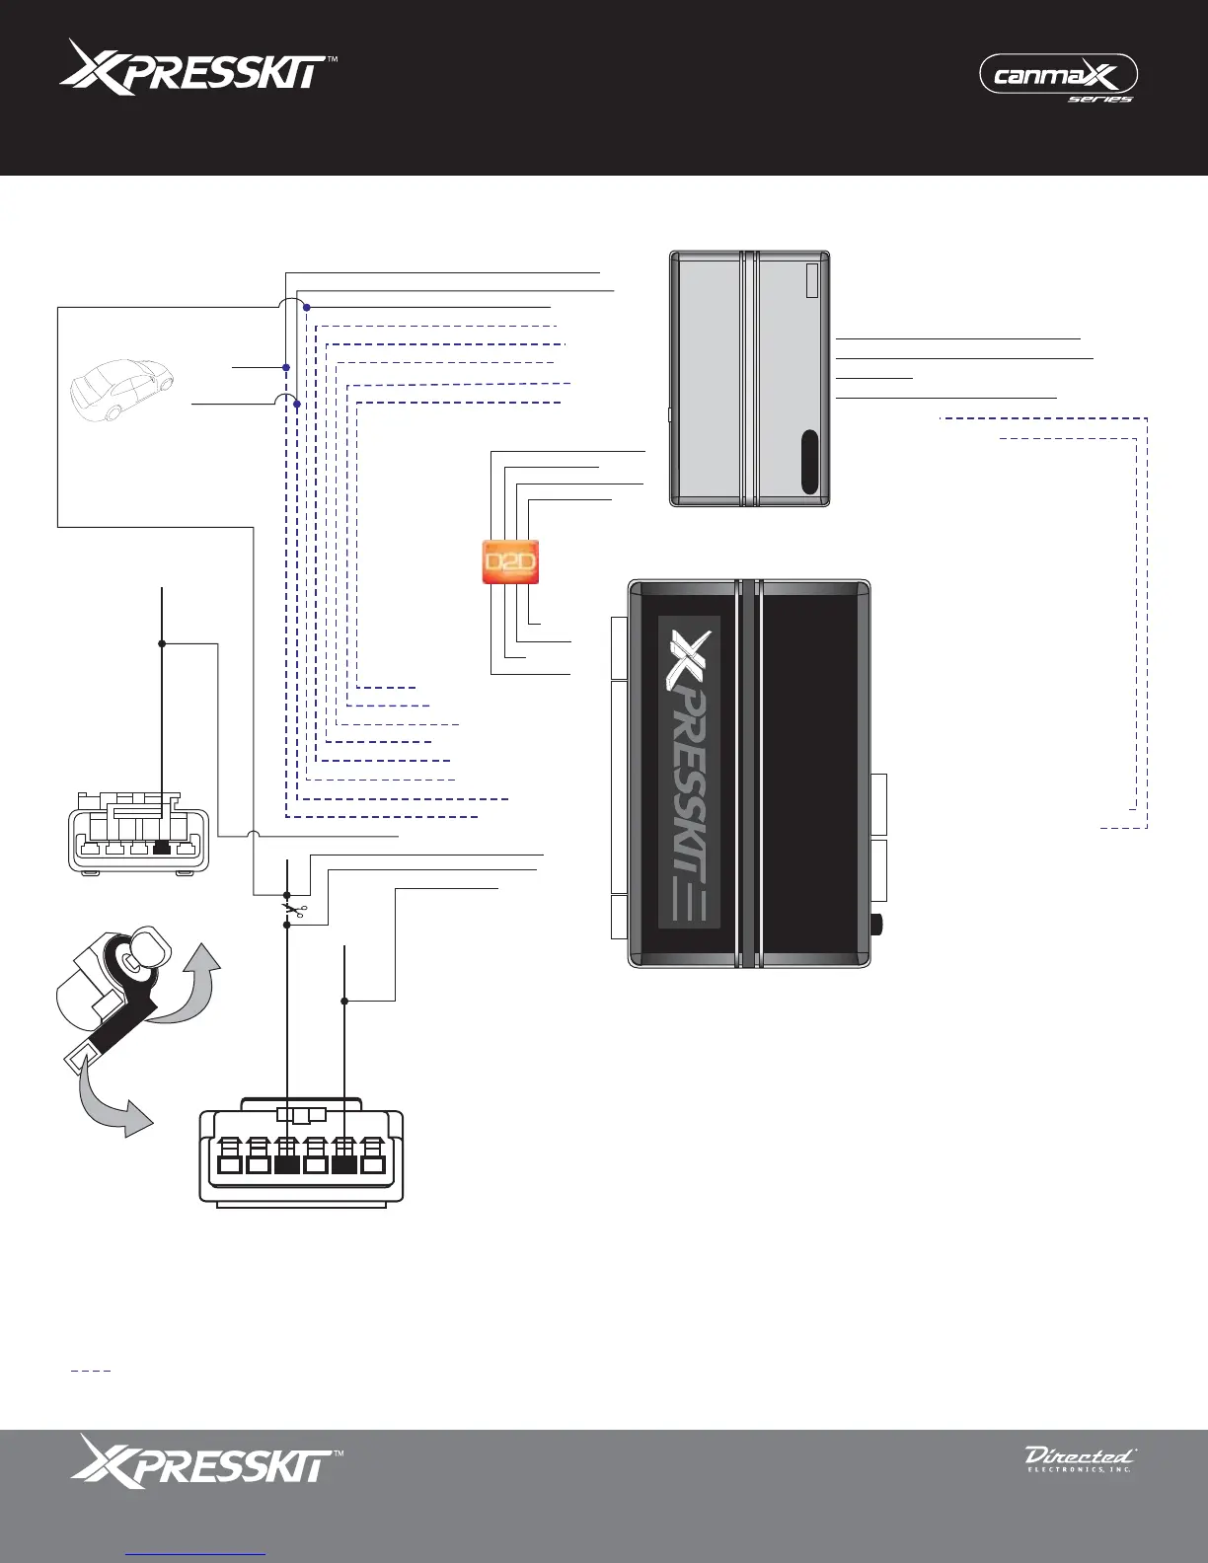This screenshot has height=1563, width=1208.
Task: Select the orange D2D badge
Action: tap(510, 562)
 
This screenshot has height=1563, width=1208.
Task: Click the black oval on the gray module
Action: tap(810, 461)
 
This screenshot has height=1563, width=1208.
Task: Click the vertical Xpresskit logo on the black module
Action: tap(689, 770)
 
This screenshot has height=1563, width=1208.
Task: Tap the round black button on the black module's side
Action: tap(877, 927)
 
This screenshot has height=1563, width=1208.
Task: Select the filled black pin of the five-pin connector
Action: tap(163, 847)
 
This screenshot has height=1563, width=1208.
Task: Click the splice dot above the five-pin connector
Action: tap(162, 643)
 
